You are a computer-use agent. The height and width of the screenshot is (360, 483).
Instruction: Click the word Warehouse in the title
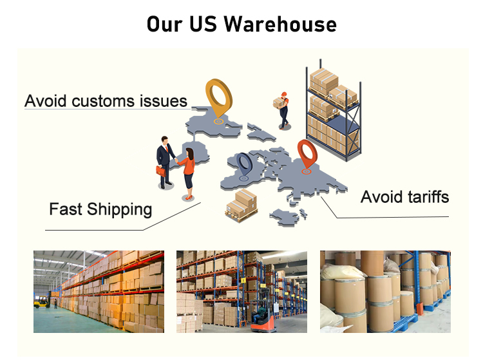(x=281, y=24)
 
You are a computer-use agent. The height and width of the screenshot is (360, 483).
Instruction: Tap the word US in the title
(x=205, y=24)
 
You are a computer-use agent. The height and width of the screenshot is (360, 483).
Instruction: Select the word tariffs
(x=421, y=196)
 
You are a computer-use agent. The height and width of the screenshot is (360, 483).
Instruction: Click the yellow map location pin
(x=218, y=100)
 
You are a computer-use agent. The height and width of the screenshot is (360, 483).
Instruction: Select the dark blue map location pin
(x=244, y=166)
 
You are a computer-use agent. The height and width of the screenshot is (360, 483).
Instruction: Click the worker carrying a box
(x=281, y=108)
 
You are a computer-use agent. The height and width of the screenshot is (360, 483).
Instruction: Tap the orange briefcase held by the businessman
(x=160, y=171)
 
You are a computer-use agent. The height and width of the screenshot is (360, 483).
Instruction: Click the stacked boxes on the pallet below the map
(x=241, y=205)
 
